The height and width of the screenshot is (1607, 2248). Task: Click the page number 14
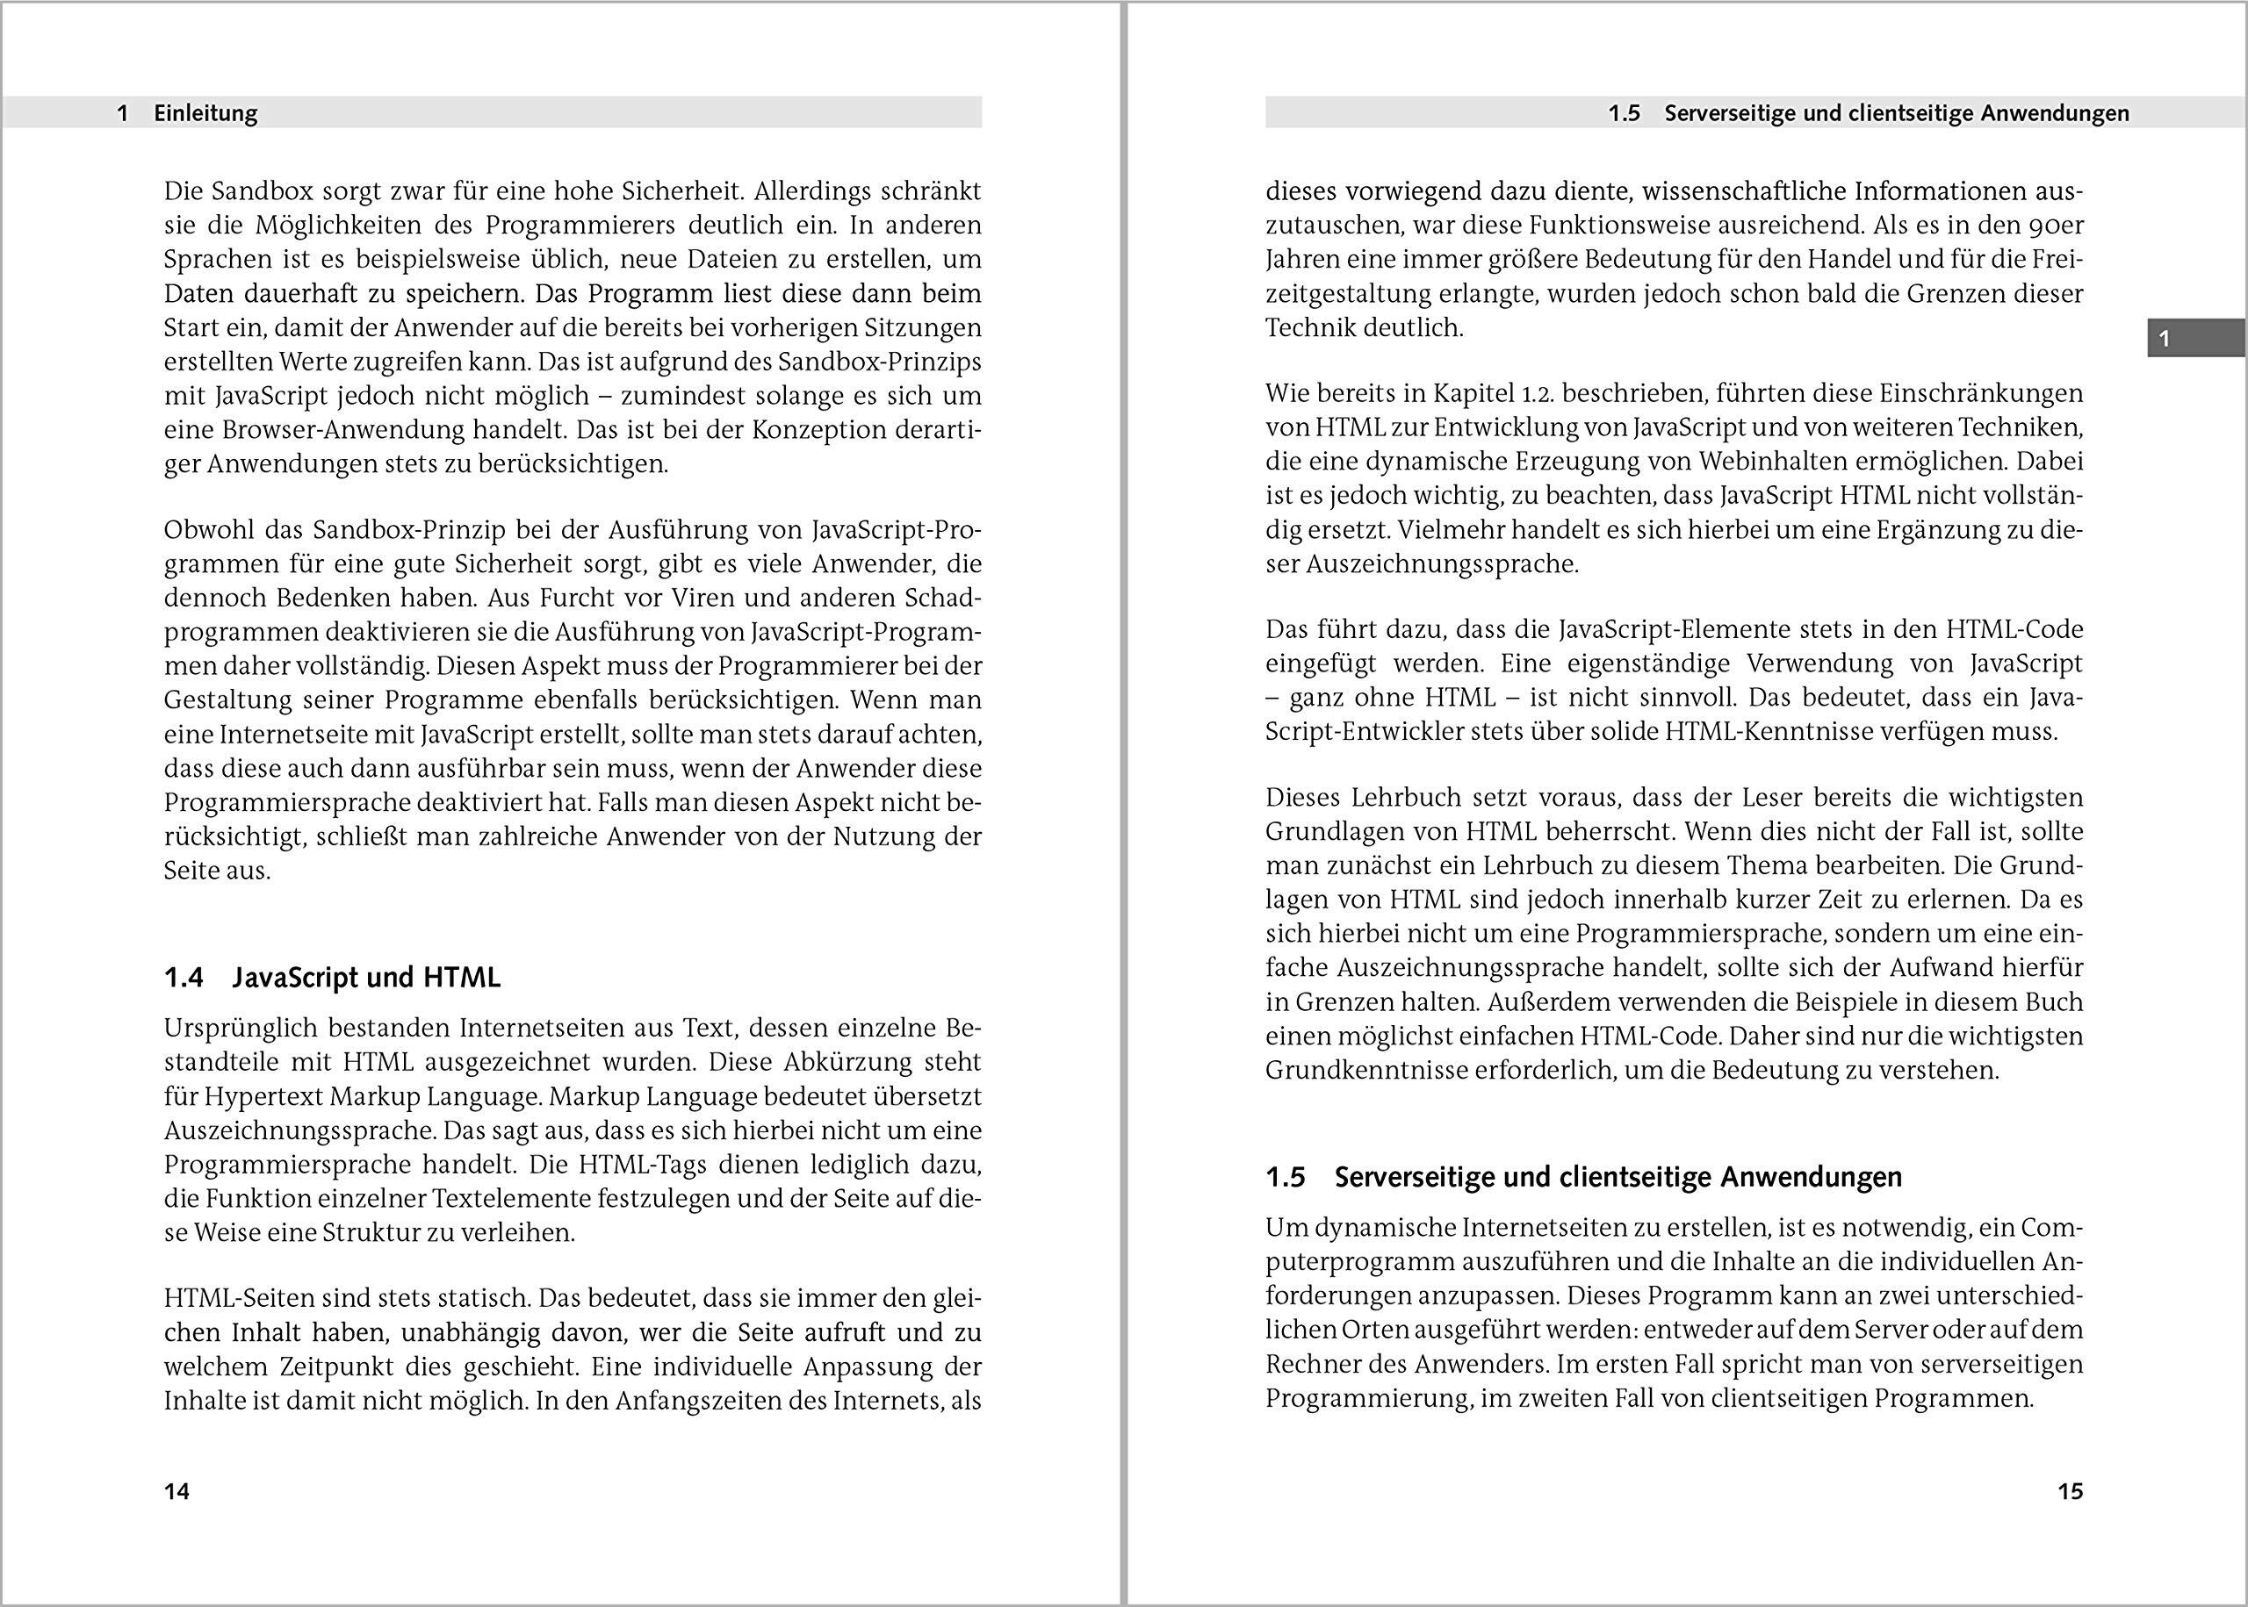[x=177, y=1491]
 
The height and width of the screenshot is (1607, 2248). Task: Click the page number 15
[x=2070, y=1491]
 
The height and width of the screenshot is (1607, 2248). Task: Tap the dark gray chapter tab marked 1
[x=2194, y=339]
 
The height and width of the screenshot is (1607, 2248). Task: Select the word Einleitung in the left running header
[x=205, y=114]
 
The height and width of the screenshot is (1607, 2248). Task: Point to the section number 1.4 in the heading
[x=184, y=978]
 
